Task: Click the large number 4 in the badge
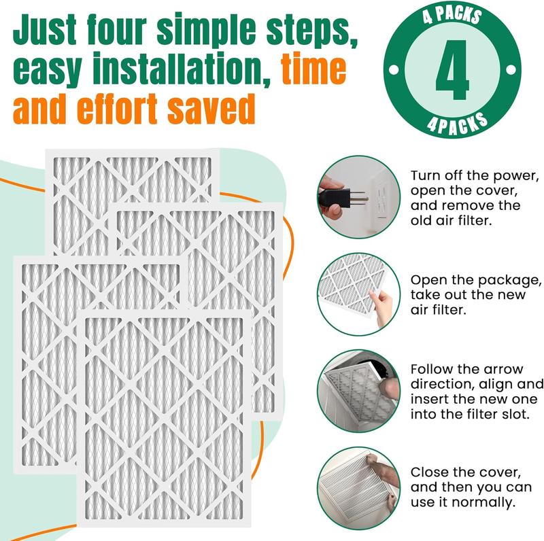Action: tap(452, 70)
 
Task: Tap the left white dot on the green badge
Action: tap(394, 70)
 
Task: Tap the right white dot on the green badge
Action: tap(511, 70)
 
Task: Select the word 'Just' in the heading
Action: tap(44, 29)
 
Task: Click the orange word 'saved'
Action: tap(211, 109)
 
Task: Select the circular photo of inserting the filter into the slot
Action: tap(359, 391)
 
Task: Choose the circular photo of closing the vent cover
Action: tap(359, 488)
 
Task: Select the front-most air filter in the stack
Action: tap(164, 418)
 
